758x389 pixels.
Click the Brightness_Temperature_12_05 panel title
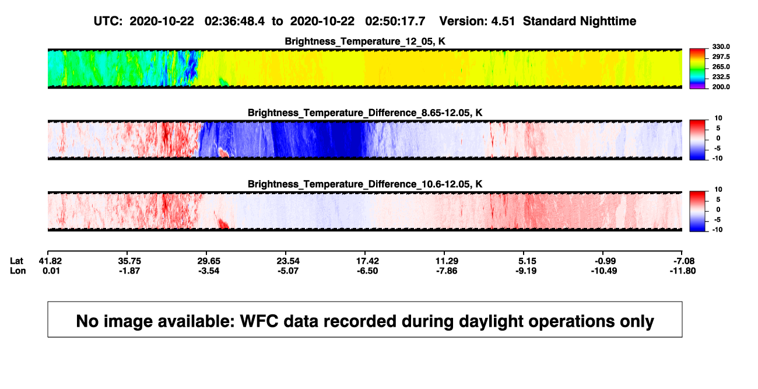[x=365, y=41]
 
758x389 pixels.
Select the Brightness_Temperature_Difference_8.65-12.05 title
[x=365, y=113]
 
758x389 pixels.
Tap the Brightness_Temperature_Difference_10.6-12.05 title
[x=365, y=184]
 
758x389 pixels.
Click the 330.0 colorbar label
[x=721, y=47]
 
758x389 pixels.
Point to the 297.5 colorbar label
[x=721, y=57]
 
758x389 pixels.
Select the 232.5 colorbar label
[x=721, y=77]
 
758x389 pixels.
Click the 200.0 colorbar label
[x=721, y=87]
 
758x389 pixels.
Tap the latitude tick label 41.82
[x=50, y=261]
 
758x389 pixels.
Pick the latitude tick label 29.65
[x=209, y=261]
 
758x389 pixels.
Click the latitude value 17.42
[x=367, y=261]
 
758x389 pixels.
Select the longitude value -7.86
[x=447, y=271]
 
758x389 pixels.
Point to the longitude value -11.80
[x=683, y=271]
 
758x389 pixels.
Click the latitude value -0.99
[x=605, y=261]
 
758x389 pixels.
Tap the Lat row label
[x=16, y=261]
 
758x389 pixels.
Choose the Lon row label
[x=18, y=271]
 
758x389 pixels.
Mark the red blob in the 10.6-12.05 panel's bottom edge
[x=223, y=224]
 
